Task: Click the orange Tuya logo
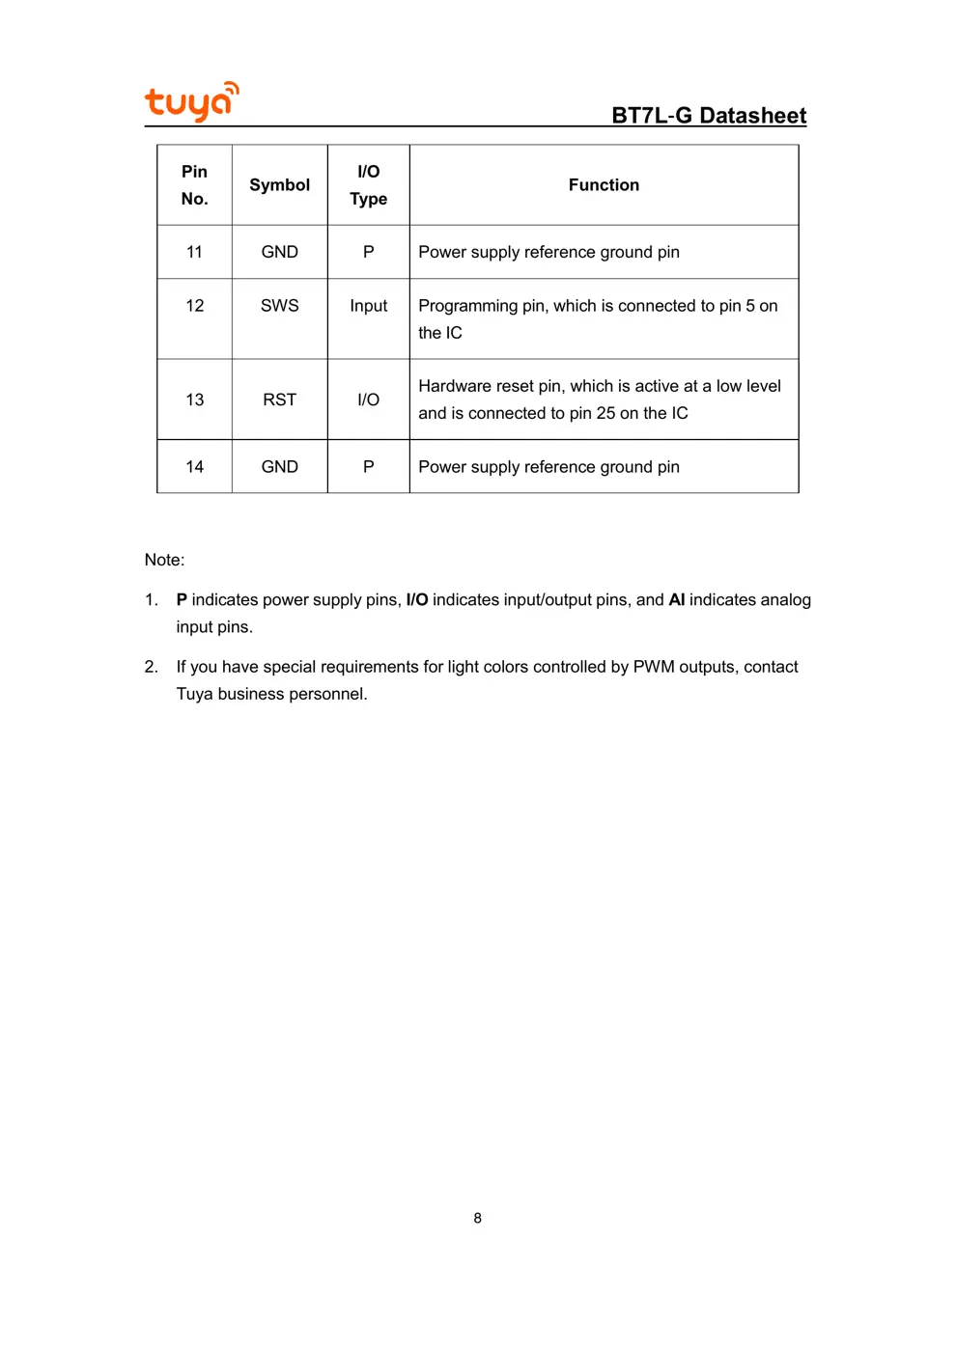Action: (191, 101)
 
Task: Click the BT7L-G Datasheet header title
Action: (709, 116)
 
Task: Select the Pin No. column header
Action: (194, 185)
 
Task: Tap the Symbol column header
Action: (280, 185)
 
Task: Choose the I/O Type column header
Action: (368, 185)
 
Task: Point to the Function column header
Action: (604, 185)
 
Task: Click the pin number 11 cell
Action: (194, 252)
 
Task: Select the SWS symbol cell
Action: (280, 306)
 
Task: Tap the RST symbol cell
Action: (280, 400)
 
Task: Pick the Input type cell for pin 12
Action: (368, 306)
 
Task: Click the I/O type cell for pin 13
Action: (368, 400)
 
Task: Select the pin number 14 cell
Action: (194, 467)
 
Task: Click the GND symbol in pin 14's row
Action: (280, 467)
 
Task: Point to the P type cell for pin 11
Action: (368, 252)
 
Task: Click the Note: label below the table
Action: (164, 560)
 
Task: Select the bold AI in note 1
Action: (677, 600)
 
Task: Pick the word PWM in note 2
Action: (654, 667)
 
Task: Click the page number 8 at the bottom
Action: (477, 1218)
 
